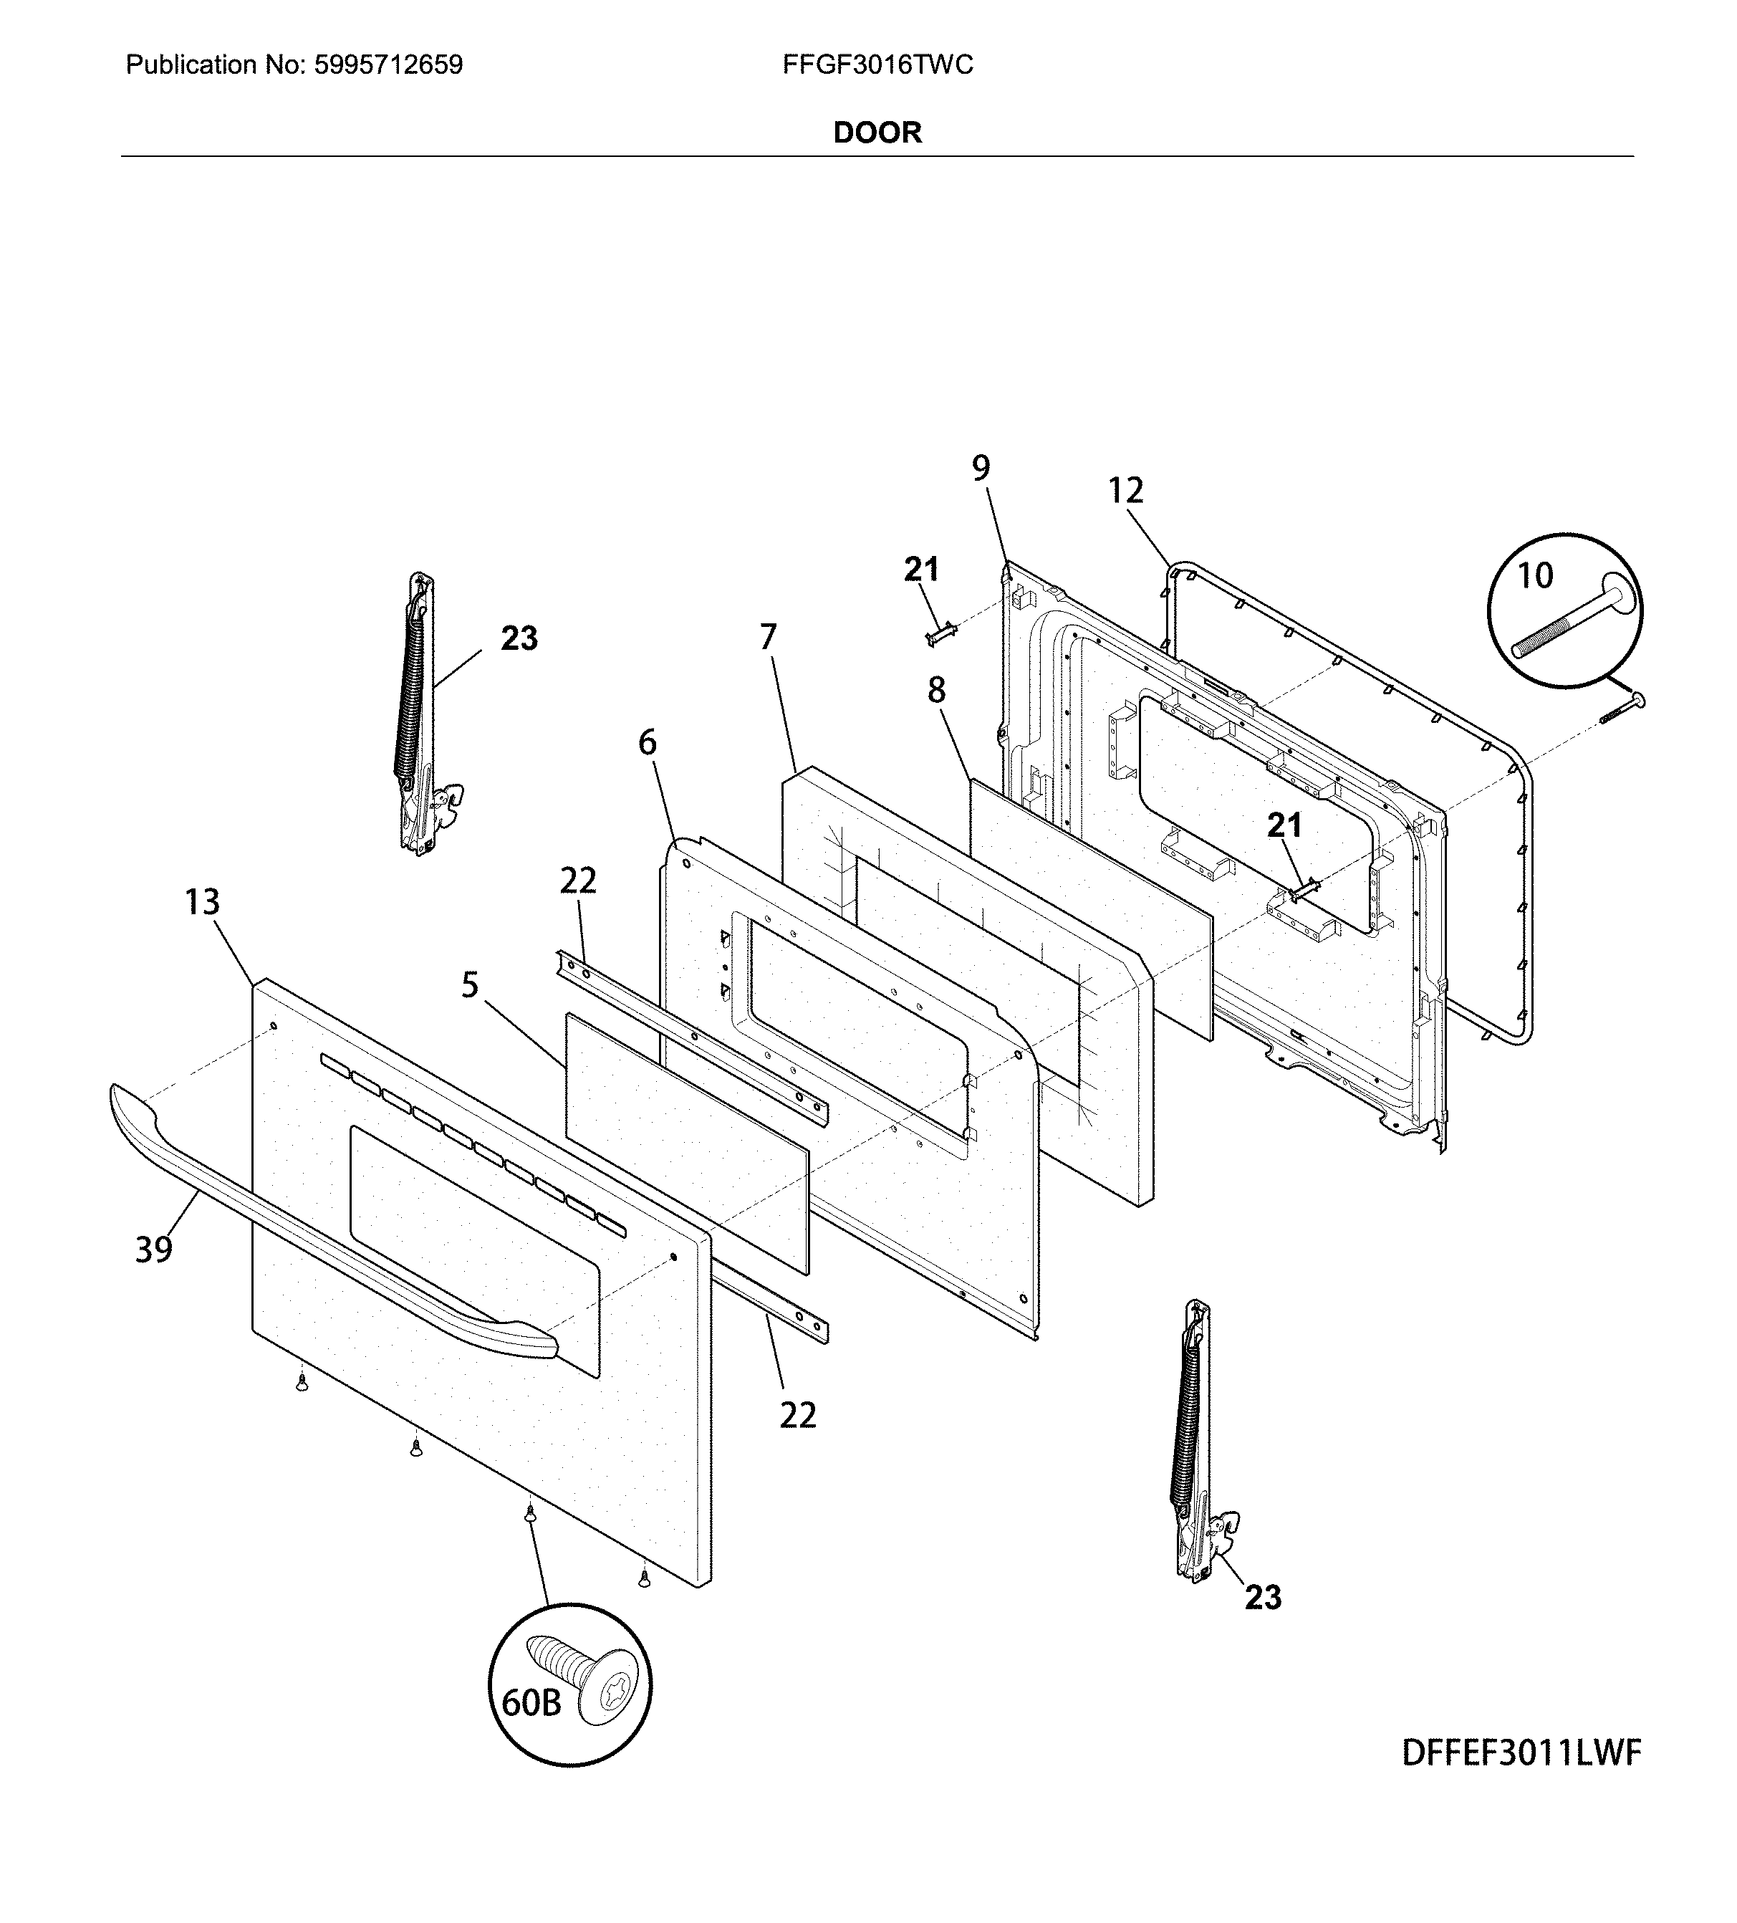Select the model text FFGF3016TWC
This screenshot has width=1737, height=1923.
[877, 65]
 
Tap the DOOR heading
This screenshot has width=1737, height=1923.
[877, 133]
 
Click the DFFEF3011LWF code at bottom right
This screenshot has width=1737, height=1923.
[1521, 1752]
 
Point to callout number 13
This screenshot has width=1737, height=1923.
[201, 901]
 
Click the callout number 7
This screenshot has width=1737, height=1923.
[768, 636]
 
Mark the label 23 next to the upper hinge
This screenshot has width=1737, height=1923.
[519, 638]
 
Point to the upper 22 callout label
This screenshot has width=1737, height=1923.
[577, 881]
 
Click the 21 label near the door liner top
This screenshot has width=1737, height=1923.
[920, 570]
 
